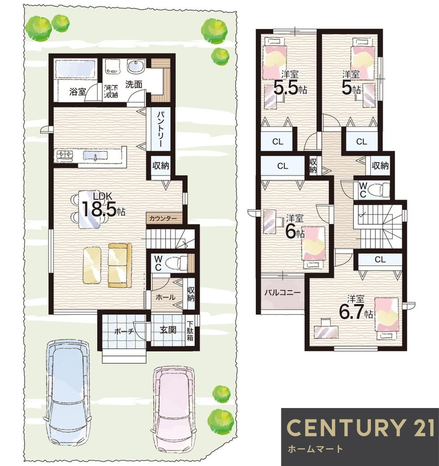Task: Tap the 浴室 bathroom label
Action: [x=78, y=91]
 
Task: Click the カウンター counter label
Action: [x=163, y=219]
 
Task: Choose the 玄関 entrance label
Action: [x=168, y=330]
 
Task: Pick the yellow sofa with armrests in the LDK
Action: [x=120, y=265]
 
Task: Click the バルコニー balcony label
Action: [x=282, y=293]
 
